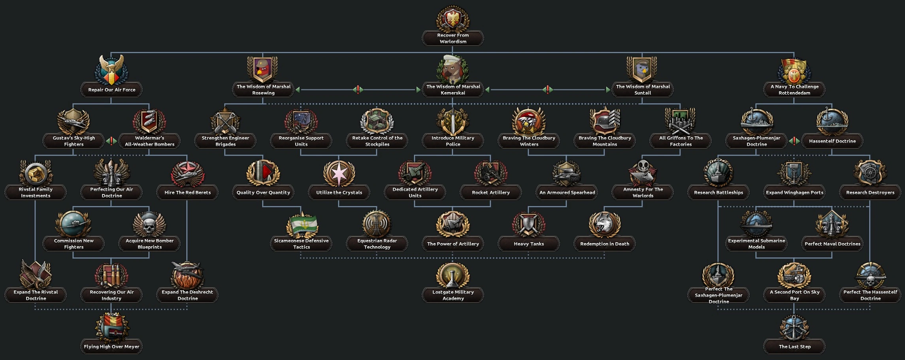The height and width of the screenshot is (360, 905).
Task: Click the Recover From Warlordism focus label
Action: coord(453,38)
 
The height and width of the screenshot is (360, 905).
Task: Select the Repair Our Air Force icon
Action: coord(111,70)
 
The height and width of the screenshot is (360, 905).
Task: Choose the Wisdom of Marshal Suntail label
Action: coord(643,90)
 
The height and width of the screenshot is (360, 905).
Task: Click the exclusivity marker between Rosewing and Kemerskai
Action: coord(358,90)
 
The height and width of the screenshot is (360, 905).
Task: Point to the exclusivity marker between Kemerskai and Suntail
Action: coord(548,90)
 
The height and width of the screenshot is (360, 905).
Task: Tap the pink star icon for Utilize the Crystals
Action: coord(339,173)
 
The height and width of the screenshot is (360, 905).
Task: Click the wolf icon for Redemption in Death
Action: coord(605,224)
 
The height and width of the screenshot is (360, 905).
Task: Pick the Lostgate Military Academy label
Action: coord(453,295)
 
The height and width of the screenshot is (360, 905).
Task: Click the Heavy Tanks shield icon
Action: coord(529,224)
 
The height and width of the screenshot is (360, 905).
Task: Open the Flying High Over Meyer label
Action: coord(111,347)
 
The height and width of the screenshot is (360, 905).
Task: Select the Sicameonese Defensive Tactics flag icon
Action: coord(302,224)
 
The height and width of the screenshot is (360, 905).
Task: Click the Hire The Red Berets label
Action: coord(187,192)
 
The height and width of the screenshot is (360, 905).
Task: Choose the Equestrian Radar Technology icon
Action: coord(377,224)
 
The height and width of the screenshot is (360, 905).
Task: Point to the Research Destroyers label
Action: coord(870,192)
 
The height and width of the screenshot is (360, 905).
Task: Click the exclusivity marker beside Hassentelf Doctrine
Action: coord(794,141)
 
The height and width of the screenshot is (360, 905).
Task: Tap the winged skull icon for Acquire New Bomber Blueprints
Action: coord(149,224)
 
